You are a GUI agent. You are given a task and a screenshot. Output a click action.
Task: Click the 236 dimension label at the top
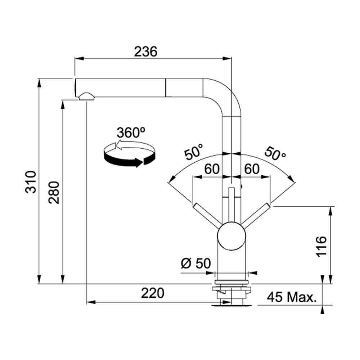145,51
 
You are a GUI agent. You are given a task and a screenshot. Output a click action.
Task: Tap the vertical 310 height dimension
31,182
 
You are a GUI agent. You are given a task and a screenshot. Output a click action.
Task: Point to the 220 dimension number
152,293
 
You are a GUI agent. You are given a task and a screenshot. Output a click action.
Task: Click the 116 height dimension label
321,246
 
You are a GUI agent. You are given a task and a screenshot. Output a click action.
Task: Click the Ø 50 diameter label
196,264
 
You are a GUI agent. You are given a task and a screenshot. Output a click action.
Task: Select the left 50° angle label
194,152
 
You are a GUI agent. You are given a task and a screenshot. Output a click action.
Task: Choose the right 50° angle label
275,153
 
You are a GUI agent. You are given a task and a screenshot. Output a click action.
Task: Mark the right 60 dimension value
252,169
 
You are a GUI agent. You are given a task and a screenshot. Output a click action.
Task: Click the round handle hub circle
231,236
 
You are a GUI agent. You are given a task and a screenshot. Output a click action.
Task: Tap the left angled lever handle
207,213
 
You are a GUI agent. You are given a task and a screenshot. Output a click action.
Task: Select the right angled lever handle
256,213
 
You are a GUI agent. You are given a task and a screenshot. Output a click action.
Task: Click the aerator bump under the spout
86,96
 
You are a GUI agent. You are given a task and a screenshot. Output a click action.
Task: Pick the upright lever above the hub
231,205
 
